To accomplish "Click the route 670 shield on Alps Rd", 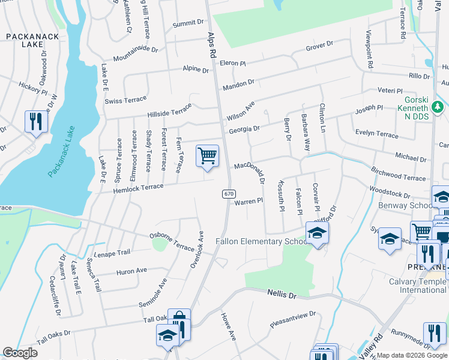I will tap(228, 194).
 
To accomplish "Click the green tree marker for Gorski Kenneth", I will tap(439, 106).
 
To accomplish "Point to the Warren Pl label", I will tap(249, 202).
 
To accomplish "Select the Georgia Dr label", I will tap(244, 129).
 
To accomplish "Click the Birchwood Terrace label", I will tap(398, 174).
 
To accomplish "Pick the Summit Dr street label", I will tap(188, 23).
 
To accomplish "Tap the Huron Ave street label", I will tap(131, 271).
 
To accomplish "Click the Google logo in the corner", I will tap(20, 353).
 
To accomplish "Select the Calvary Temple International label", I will tap(414, 285).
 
